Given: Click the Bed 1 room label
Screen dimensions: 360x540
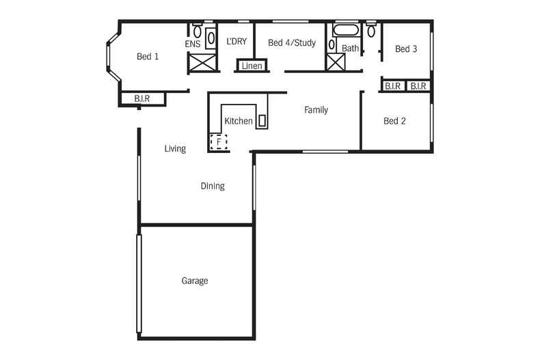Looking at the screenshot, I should click(x=148, y=57).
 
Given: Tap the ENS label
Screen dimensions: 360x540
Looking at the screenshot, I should click(x=192, y=44).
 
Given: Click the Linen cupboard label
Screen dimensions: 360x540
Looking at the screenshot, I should click(x=252, y=66).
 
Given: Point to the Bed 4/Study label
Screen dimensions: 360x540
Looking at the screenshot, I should click(x=292, y=43).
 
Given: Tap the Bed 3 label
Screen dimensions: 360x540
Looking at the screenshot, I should click(x=406, y=49).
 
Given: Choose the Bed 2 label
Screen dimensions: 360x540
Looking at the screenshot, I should click(x=394, y=121).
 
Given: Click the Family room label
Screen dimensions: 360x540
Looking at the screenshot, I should click(x=316, y=109).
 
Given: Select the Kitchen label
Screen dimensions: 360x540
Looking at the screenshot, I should click(x=239, y=121).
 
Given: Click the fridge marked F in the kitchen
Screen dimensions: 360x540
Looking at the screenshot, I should click(x=218, y=142).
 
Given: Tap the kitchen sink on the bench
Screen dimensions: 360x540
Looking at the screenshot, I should click(x=261, y=121).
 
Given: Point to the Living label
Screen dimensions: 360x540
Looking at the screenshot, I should click(x=175, y=148).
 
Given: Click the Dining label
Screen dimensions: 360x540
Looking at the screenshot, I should click(x=213, y=186).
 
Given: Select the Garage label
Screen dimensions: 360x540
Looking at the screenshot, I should click(x=195, y=281).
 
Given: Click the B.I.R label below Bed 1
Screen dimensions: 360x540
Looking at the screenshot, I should click(x=142, y=99).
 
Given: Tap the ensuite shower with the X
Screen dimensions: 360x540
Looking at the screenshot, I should click(x=202, y=64).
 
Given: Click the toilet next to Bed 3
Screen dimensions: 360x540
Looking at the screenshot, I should click(x=371, y=31).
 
